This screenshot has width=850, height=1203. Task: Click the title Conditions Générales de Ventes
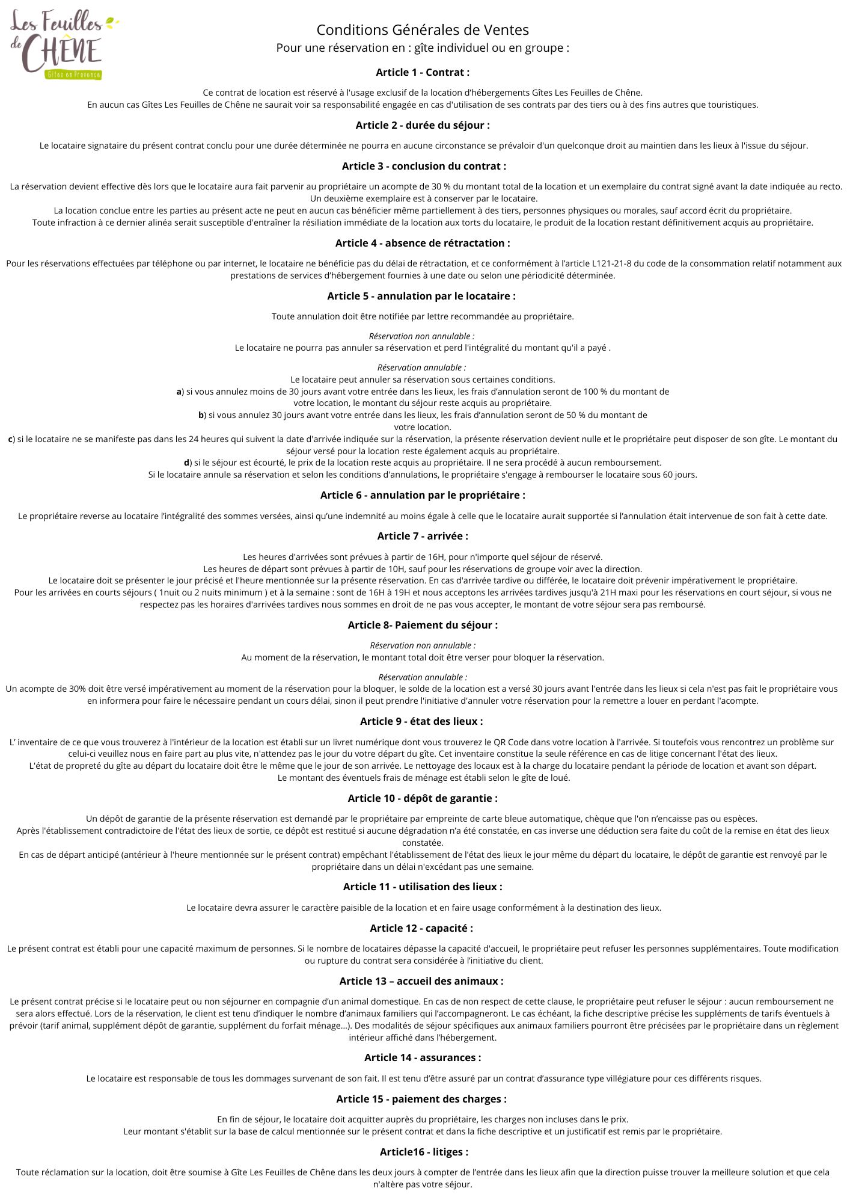coord(423,29)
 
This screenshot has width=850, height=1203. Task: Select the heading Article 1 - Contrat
coord(423,72)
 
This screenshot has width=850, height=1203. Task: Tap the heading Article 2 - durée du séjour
coord(423,125)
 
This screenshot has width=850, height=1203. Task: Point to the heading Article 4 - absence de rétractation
coord(423,243)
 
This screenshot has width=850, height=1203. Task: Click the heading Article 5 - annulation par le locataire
coord(421,296)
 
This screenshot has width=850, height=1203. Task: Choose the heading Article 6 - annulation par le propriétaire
coord(423,495)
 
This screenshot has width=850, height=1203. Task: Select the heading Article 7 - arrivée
coord(423,536)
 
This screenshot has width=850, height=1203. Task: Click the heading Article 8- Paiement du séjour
coord(423,625)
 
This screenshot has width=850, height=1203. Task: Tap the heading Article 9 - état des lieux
coord(421,721)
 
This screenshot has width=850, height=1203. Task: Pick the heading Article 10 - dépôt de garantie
coord(423,798)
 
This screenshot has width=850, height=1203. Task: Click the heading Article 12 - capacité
coord(421,928)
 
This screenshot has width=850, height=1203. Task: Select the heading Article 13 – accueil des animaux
coord(421,981)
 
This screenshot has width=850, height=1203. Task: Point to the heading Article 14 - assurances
coord(423,1057)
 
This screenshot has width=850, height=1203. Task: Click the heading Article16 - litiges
coord(424,1152)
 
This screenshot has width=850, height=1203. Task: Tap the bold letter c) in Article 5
coord(11,439)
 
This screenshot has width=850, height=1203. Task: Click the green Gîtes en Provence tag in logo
coord(73,75)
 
